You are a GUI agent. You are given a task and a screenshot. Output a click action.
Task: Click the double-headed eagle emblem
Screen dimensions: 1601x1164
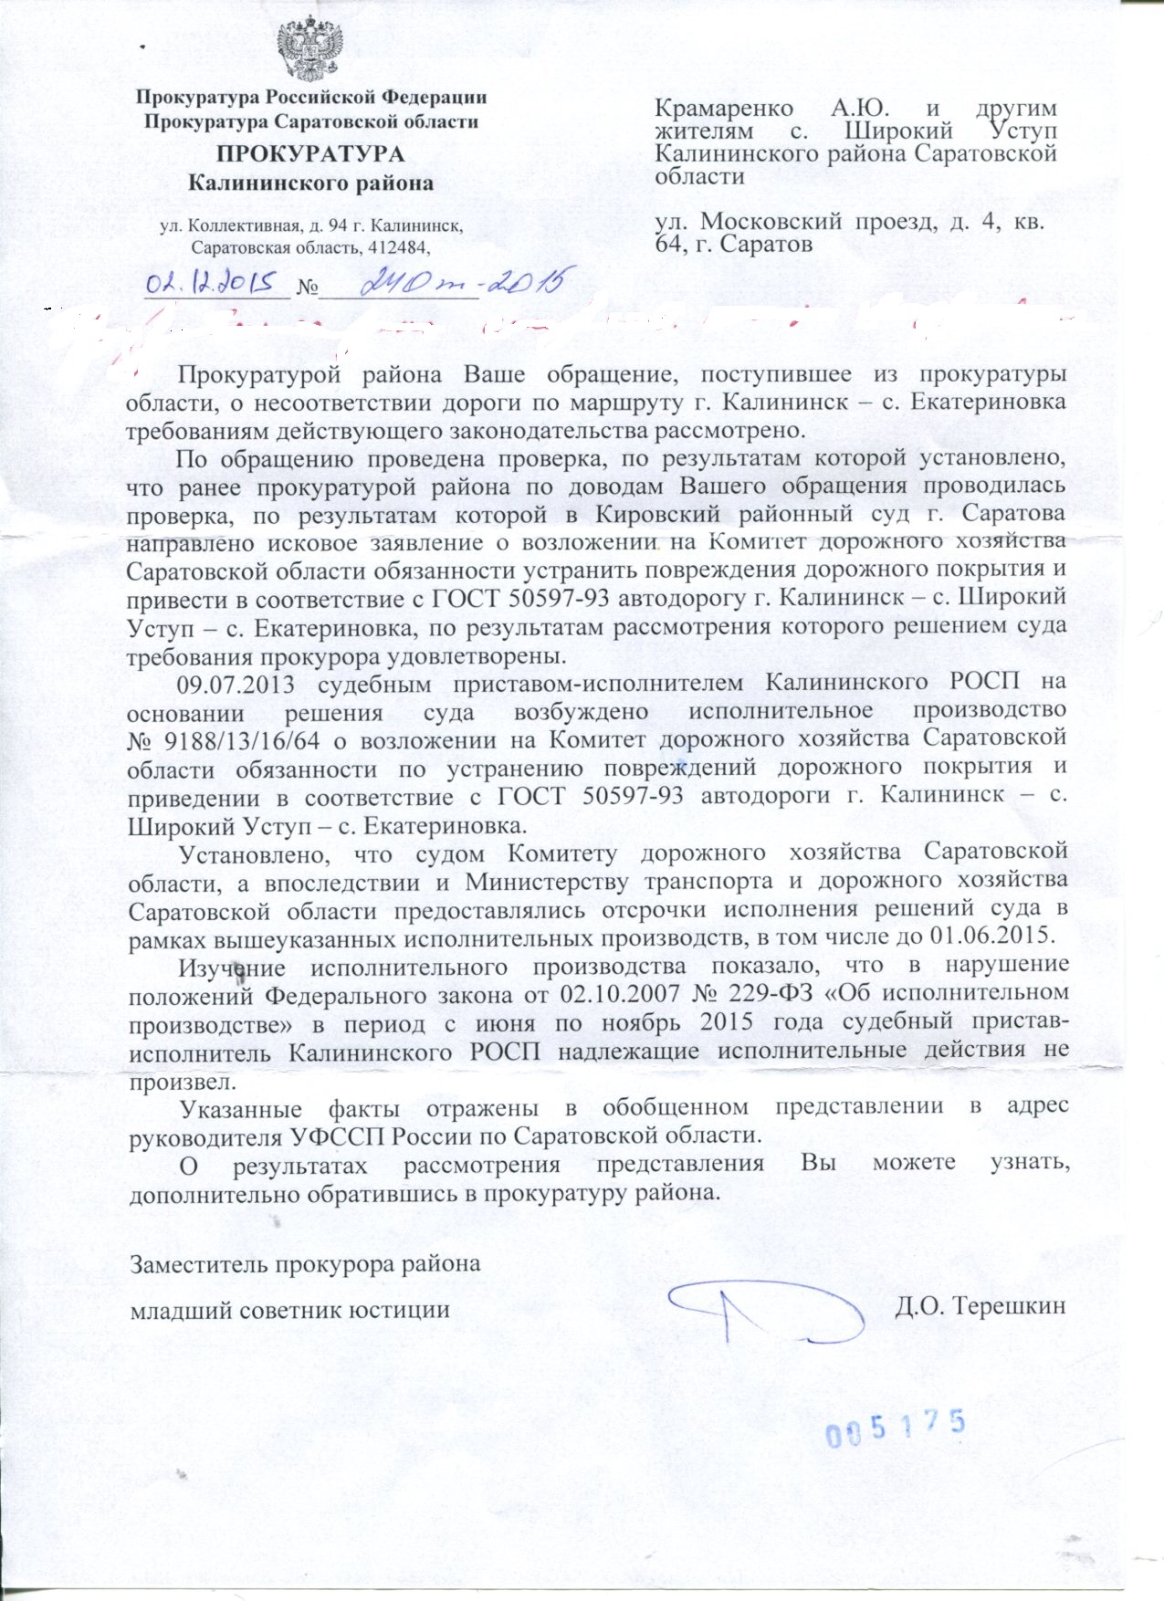[310, 52]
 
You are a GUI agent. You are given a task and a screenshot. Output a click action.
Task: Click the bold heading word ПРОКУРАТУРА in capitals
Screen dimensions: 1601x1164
[310, 153]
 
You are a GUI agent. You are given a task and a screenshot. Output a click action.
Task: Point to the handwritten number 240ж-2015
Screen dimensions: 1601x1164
[461, 282]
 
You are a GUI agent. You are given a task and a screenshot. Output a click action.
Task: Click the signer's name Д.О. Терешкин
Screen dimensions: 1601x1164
[980, 1305]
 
